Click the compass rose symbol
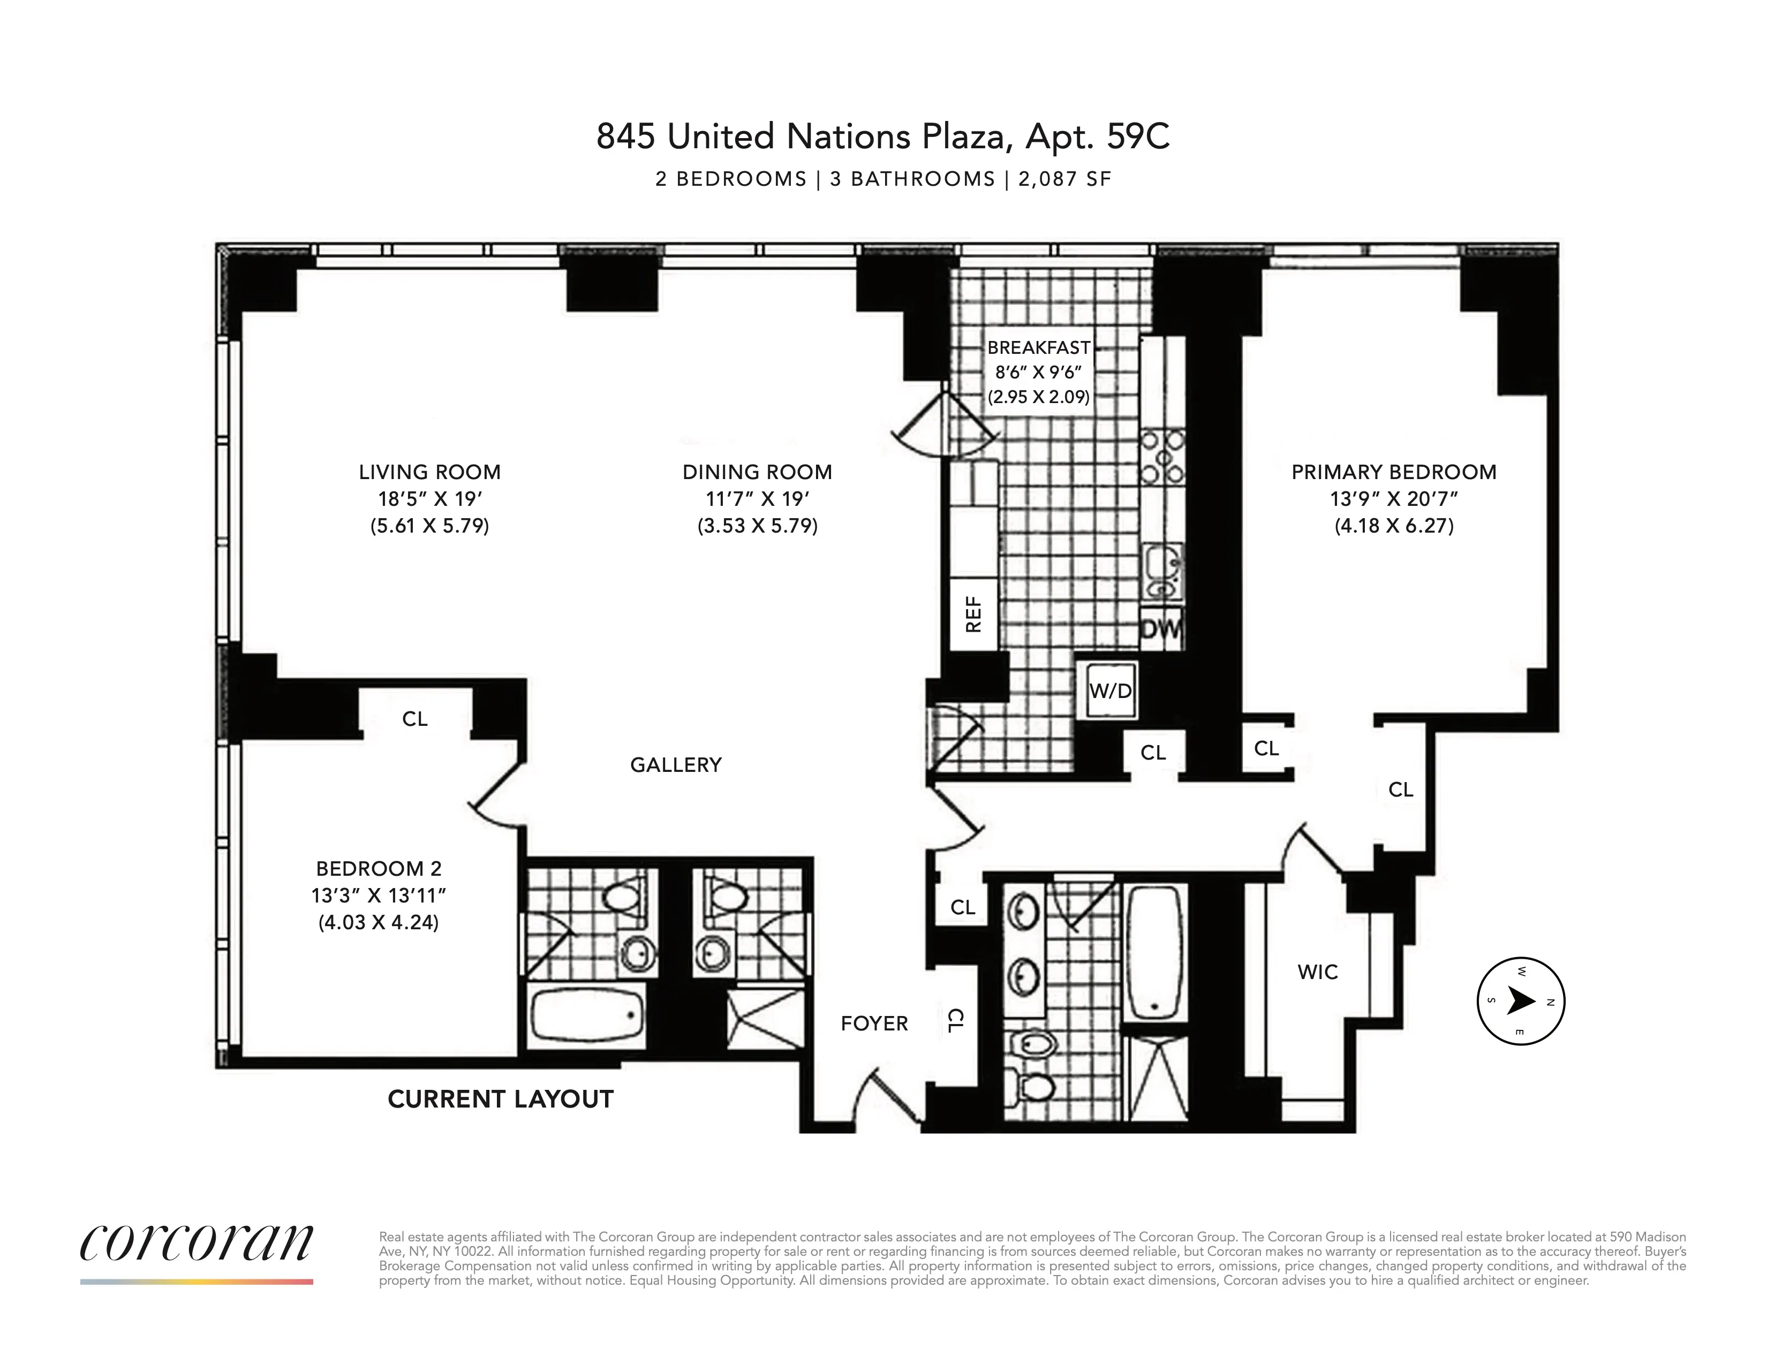pyautogui.click(x=1521, y=1001)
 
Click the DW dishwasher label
pyautogui.click(x=1162, y=628)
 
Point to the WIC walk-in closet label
pyautogui.click(x=1318, y=972)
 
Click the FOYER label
pyautogui.click(x=874, y=1023)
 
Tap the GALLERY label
pyautogui.click(x=676, y=765)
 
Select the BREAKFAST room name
pyautogui.click(x=1039, y=348)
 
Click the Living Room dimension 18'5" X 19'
pyautogui.click(x=429, y=499)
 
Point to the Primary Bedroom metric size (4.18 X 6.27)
pyautogui.click(x=1394, y=526)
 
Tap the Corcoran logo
pyautogui.click(x=197, y=1243)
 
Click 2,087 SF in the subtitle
pyautogui.click(x=1064, y=179)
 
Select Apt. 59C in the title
pyautogui.click(x=1097, y=136)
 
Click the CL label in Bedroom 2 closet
pyautogui.click(x=415, y=719)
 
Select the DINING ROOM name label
pyautogui.click(x=757, y=472)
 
